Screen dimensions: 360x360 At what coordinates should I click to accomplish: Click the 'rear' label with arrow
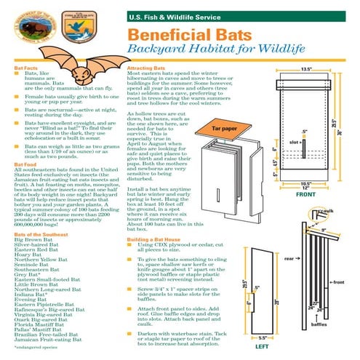(x=289, y=257)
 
